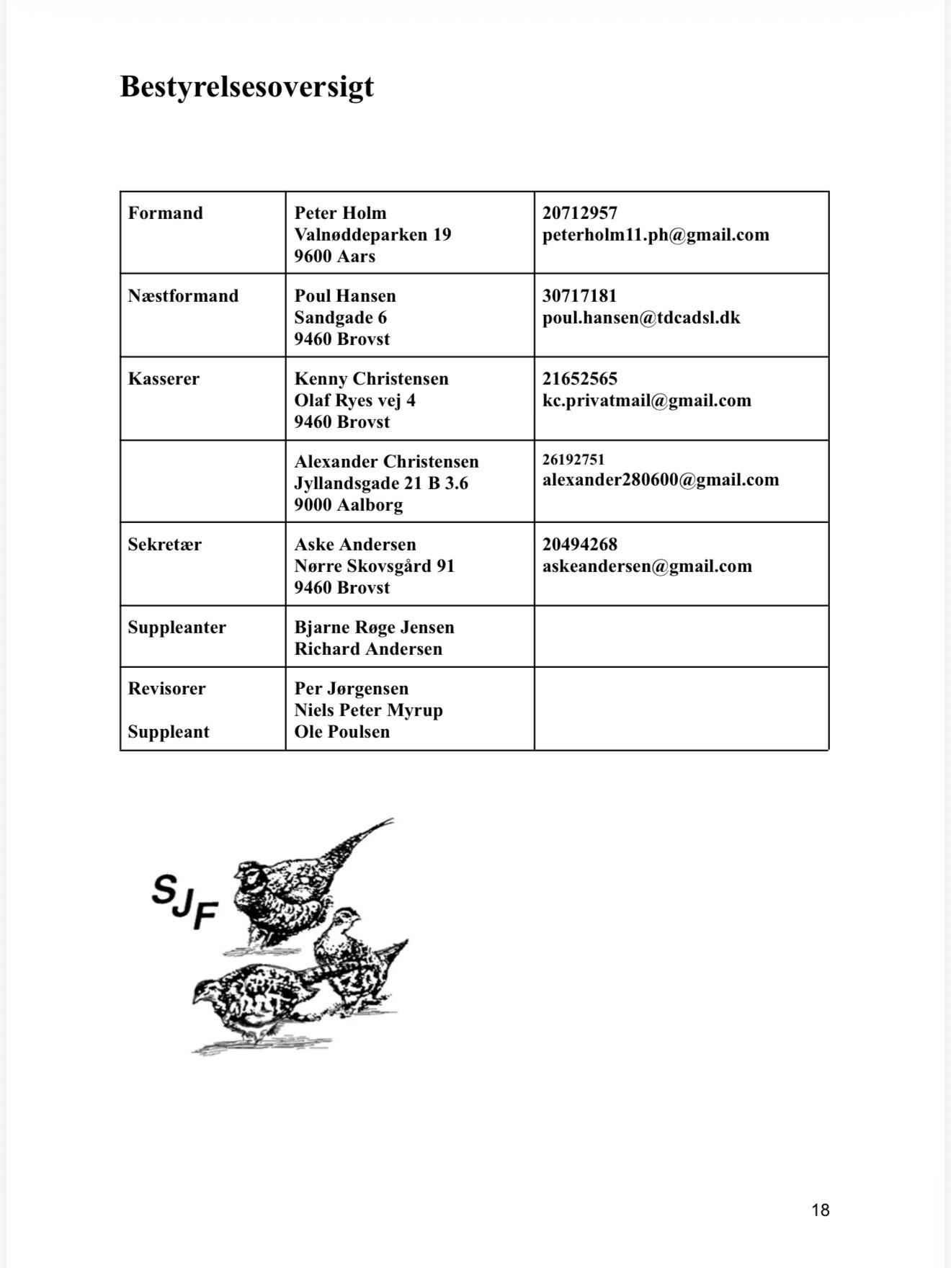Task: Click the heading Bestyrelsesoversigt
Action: coord(246,86)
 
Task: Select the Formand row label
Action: coord(166,213)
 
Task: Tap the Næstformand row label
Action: coord(183,296)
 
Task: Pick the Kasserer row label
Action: coord(164,379)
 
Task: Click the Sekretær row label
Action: coord(164,545)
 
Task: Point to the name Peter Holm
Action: coord(340,213)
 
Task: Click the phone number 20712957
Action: coord(580,213)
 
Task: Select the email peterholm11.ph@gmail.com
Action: coord(656,235)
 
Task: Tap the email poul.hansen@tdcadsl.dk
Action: coord(641,318)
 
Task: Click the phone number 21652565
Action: coord(580,379)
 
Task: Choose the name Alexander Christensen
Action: coord(386,462)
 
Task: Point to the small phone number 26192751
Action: coord(573,460)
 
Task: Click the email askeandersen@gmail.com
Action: coord(647,566)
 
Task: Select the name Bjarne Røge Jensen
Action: coord(374,628)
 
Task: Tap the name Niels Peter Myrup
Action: coord(368,710)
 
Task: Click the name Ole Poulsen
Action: coord(341,732)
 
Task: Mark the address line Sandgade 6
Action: coord(340,318)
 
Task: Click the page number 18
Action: coord(820,1210)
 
